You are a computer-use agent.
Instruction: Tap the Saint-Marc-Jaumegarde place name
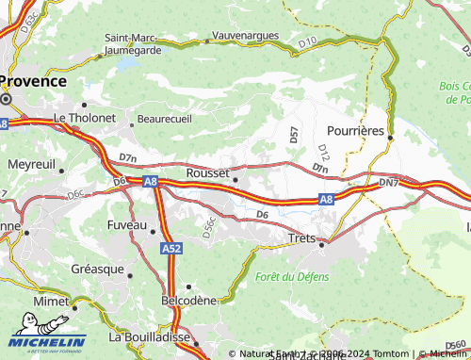(x=132, y=44)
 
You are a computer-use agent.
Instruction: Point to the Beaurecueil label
(x=165, y=120)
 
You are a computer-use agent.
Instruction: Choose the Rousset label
(x=208, y=173)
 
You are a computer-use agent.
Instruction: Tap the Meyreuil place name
(x=32, y=164)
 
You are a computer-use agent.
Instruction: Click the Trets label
(x=300, y=240)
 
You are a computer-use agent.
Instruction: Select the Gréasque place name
(x=97, y=269)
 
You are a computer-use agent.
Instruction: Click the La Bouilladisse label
(x=150, y=336)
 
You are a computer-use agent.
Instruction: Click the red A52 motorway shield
(x=171, y=249)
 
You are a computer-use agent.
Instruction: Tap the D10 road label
(x=307, y=42)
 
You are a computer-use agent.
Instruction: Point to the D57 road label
(x=294, y=135)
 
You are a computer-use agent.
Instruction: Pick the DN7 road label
(x=388, y=181)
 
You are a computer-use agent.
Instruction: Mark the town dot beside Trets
(x=321, y=244)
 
